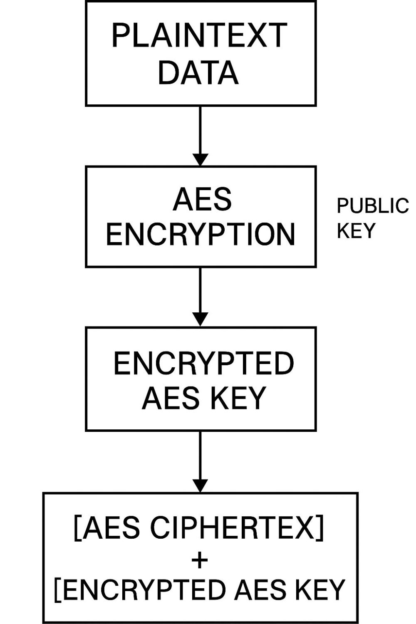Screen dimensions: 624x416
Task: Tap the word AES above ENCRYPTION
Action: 202,199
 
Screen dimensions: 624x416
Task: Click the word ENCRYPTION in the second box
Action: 201,234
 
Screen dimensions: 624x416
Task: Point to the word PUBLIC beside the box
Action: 372,206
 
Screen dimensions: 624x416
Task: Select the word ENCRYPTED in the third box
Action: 203,363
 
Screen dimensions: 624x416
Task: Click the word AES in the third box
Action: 171,398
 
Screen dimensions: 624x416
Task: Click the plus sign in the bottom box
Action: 200,560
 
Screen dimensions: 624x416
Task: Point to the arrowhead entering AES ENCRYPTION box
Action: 201,159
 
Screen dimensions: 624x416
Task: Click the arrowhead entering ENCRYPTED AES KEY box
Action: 201,319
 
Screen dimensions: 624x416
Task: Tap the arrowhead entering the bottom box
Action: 201,485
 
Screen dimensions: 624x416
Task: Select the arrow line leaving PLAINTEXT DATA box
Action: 201,129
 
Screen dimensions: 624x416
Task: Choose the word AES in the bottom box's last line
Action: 257,589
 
